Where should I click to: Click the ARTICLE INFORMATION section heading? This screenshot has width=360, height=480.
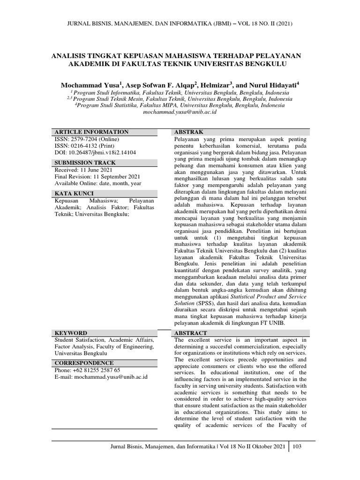coord(91,132)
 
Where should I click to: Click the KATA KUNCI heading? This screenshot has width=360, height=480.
coord(74,194)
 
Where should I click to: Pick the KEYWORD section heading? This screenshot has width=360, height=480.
coord(71,333)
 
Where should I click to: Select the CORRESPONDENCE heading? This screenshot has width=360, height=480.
coord(84,363)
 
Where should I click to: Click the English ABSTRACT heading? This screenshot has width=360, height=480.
coord(191,333)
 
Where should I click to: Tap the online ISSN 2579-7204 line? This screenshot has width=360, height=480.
coord(87,140)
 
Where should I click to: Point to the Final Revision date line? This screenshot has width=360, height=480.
coord(97,177)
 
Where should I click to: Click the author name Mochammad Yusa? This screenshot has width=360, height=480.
coord(90,86)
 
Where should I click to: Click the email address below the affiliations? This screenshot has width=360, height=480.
coord(180,113)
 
